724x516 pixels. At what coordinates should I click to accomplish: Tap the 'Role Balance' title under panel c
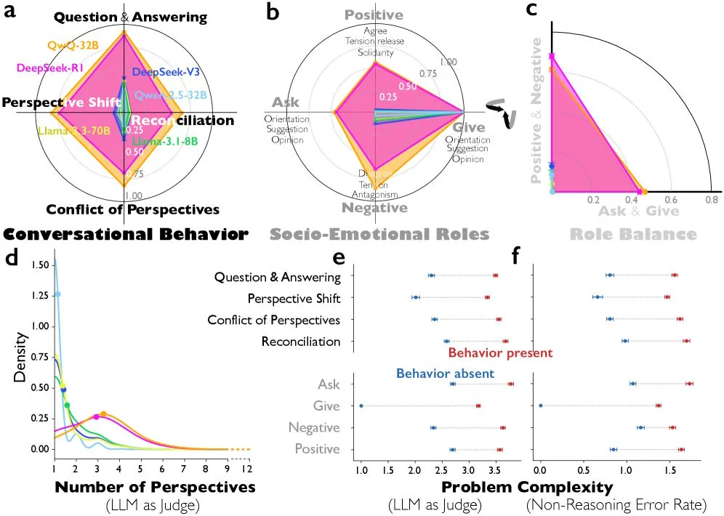[x=632, y=234]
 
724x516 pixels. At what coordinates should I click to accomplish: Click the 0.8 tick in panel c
[x=710, y=199]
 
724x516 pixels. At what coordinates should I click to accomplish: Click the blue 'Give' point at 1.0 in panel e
[x=361, y=406]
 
